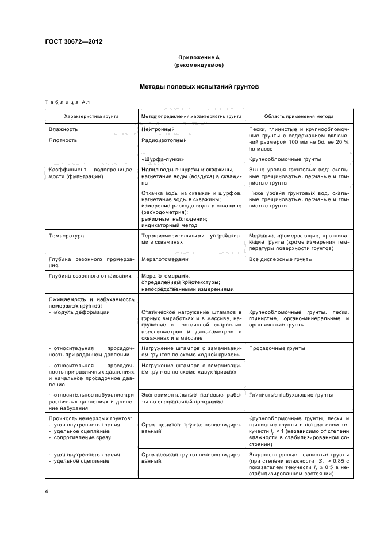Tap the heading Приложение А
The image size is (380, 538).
coord(199,58)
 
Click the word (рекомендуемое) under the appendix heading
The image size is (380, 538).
coord(199,66)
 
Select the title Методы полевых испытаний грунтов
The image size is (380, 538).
coord(199,87)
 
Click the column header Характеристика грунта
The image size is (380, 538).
coord(92,116)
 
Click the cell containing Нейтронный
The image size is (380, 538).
coord(156,129)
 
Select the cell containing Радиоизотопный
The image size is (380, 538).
coord(163,140)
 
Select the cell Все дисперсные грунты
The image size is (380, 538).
coord(281,259)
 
